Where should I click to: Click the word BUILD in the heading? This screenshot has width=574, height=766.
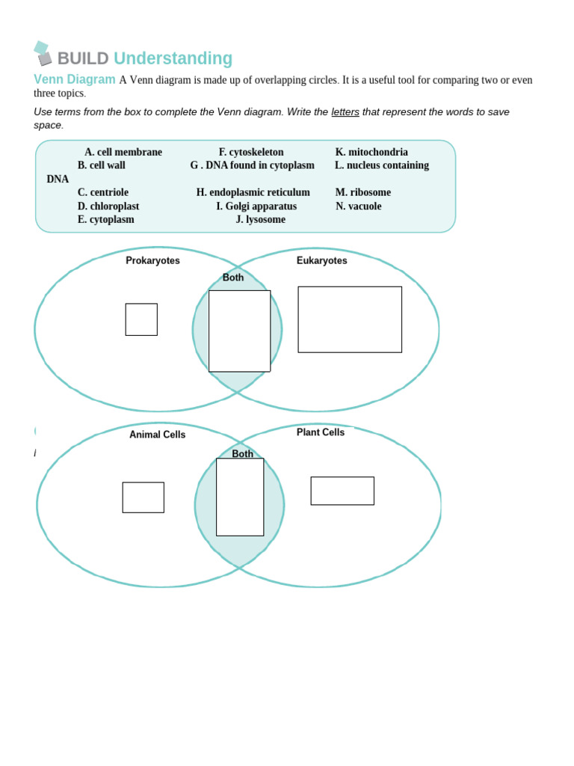point(83,58)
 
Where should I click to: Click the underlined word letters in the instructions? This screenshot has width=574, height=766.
point(345,111)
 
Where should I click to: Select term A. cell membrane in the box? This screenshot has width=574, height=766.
point(123,152)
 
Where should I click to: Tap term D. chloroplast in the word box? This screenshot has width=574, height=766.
point(108,206)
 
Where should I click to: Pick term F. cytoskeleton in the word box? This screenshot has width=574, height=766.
point(251,152)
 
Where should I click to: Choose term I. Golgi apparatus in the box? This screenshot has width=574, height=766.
point(256,206)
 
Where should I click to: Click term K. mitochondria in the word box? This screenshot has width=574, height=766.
point(371,152)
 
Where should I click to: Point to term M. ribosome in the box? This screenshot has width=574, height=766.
point(363,192)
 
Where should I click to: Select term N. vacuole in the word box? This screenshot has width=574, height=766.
point(358,206)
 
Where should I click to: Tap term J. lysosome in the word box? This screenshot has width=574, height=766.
point(261,219)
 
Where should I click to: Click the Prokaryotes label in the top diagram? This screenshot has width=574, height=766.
point(152,260)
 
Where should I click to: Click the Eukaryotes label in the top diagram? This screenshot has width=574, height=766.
point(321,260)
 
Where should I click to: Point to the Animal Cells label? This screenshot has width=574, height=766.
point(157,435)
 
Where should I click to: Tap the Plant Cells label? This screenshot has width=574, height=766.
point(321,432)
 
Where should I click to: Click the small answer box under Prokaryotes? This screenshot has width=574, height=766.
point(141,319)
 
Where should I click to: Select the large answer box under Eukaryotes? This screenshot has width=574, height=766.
point(350,319)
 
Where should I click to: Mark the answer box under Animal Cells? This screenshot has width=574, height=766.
point(143,497)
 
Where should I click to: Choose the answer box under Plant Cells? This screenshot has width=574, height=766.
point(342,491)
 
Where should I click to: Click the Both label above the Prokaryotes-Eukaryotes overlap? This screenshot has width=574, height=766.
point(233,278)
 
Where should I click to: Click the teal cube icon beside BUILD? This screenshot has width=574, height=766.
point(43,53)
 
